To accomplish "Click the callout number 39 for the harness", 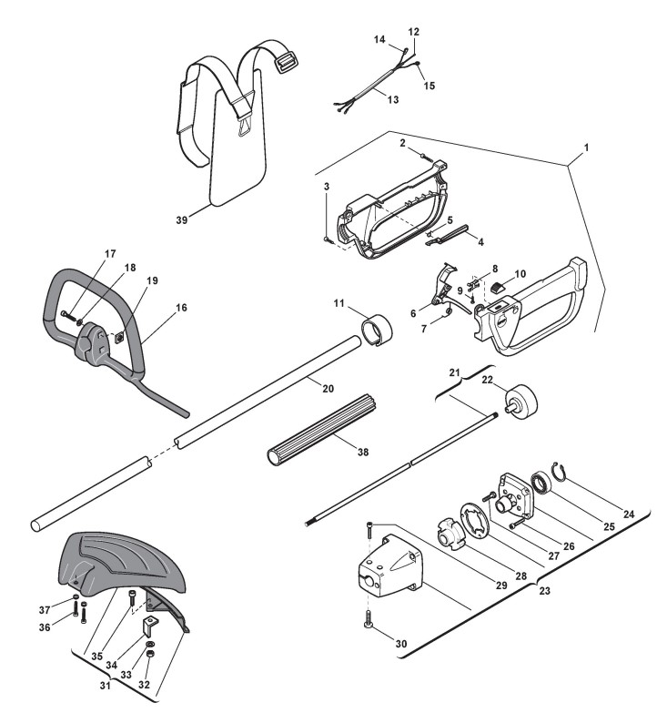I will pos(180,220).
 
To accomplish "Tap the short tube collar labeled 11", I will pos(379,328).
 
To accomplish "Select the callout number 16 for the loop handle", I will pos(181,309).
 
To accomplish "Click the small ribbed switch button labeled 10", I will pos(497,290).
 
